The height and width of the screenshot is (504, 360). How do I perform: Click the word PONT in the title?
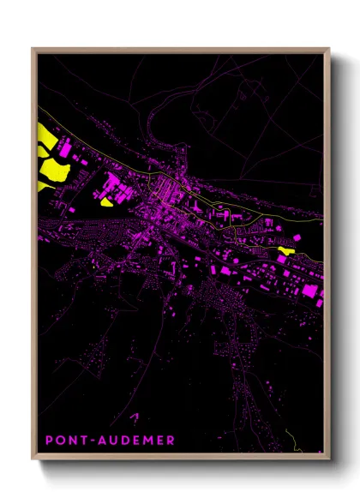pyautogui.click(x=65, y=441)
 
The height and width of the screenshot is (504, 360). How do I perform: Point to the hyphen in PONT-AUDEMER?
pyautogui.click(x=90, y=441)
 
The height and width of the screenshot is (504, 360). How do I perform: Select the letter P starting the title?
pyautogui.click(x=49, y=441)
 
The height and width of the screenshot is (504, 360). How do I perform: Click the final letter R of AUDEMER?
pyautogui.click(x=171, y=441)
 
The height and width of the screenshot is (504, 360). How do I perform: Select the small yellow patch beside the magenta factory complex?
pyautogui.click(x=106, y=203)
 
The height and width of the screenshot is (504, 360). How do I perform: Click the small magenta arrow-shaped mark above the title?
pyautogui.click(x=134, y=417)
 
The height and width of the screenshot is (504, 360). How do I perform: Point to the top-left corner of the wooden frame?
pyautogui.click(x=33, y=48)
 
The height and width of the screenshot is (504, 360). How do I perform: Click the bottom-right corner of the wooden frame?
pyautogui.click(x=329, y=460)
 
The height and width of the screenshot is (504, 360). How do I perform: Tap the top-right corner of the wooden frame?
pyautogui.click(x=329, y=48)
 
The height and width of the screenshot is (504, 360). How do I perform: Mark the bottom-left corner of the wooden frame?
pyautogui.click(x=33, y=460)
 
